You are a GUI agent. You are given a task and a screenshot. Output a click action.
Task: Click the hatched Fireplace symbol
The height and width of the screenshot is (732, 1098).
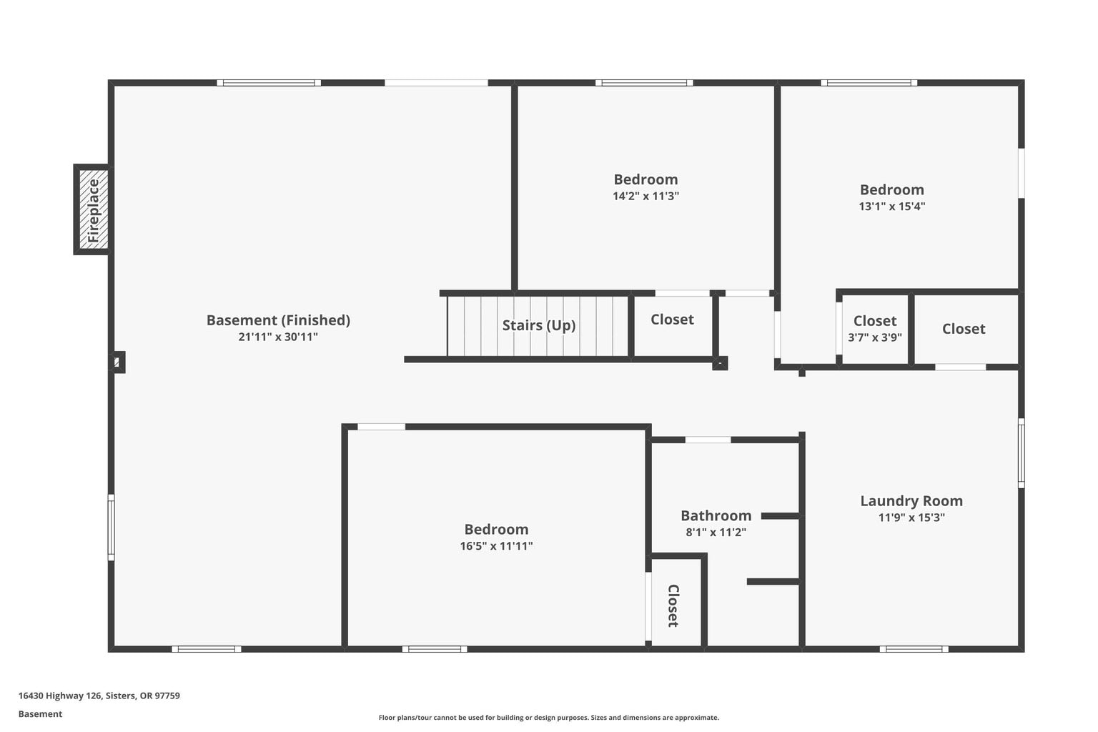(93, 209)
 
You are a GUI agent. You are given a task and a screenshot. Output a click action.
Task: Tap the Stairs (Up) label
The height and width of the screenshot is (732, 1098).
(539, 325)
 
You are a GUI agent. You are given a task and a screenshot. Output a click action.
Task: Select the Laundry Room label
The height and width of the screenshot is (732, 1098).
(911, 500)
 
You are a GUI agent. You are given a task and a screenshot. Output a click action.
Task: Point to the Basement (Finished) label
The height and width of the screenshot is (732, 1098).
(278, 320)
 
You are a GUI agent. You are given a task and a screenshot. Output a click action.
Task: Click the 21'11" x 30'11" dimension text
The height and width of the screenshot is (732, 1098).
(278, 337)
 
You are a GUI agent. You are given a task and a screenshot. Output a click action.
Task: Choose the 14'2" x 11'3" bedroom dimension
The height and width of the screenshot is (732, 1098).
(646, 196)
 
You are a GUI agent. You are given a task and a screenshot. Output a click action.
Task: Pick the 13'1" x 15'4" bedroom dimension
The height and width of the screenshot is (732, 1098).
(891, 207)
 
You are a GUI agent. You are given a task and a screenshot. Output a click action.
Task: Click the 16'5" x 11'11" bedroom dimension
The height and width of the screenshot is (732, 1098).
(496, 546)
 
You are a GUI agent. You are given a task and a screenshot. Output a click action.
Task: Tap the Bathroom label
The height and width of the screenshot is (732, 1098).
(716, 516)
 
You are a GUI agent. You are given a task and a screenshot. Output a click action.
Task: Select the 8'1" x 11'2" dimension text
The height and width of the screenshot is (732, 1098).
(716, 533)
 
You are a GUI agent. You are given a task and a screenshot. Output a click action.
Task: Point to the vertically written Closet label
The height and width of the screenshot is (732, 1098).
(673, 605)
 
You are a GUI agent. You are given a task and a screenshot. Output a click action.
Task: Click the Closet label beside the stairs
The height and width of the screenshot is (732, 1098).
(672, 320)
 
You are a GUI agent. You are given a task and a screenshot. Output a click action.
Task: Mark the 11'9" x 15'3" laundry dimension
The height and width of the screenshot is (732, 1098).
(911, 518)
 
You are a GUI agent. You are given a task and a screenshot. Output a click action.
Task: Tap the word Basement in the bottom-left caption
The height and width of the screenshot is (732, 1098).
(40, 714)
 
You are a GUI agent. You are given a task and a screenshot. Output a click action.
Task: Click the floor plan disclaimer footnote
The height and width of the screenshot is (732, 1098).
(548, 717)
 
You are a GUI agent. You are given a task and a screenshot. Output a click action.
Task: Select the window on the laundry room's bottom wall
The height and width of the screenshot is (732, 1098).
(914, 649)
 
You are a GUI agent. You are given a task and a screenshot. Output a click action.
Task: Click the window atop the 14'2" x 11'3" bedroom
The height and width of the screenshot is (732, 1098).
(644, 83)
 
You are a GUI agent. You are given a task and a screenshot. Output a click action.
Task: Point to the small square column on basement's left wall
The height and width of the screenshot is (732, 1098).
(118, 362)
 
